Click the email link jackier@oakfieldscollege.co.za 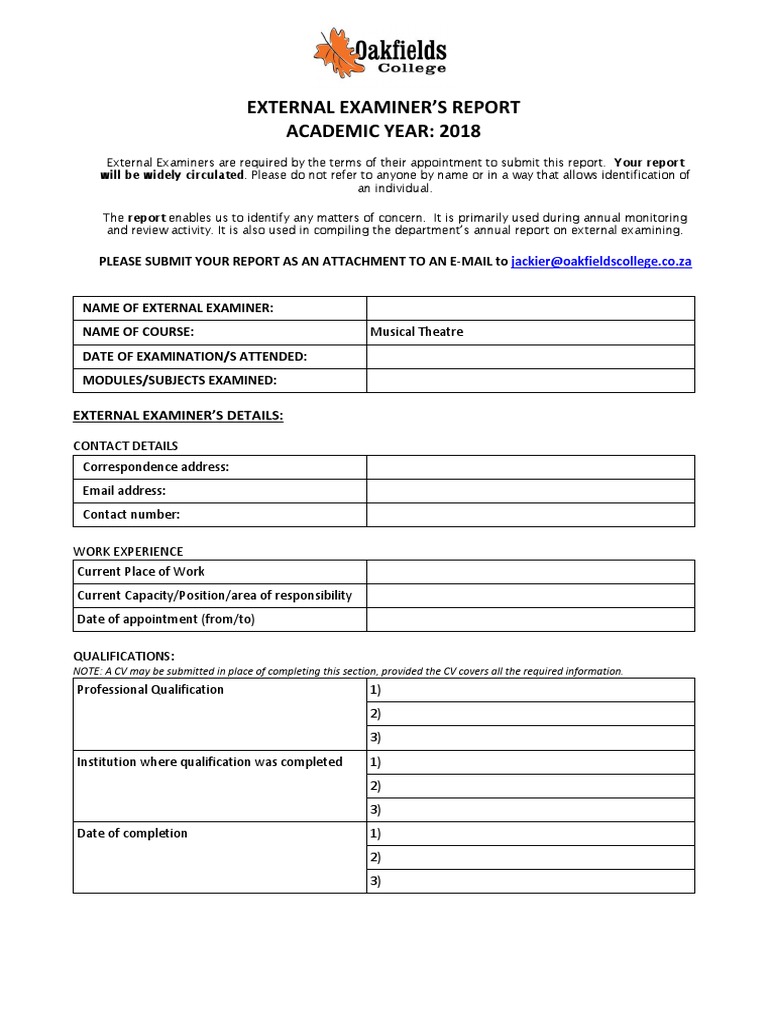click(x=601, y=261)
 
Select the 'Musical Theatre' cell click(x=530, y=332)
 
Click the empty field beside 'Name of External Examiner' click(x=530, y=308)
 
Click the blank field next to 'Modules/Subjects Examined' click(x=530, y=380)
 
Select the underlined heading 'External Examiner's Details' click(x=179, y=415)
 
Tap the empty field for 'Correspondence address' click(x=530, y=467)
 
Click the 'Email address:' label click(x=124, y=491)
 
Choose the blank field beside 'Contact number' click(x=530, y=515)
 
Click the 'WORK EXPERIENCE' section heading click(x=128, y=551)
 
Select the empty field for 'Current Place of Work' click(x=530, y=571)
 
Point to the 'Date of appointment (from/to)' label click(x=166, y=619)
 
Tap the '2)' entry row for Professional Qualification click(x=530, y=714)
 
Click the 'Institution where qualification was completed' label click(x=209, y=762)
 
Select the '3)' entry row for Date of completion click(x=530, y=881)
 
